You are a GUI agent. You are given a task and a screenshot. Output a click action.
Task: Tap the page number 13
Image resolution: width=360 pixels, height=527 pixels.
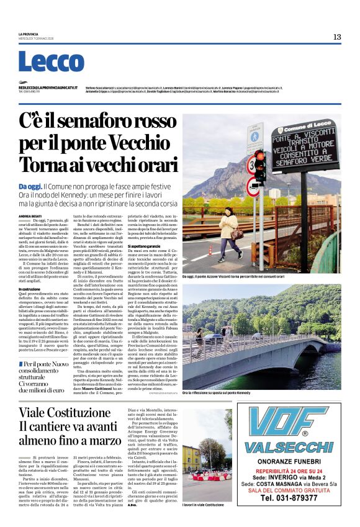336,37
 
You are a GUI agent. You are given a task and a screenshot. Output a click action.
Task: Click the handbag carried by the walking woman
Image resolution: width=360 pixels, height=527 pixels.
236,233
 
